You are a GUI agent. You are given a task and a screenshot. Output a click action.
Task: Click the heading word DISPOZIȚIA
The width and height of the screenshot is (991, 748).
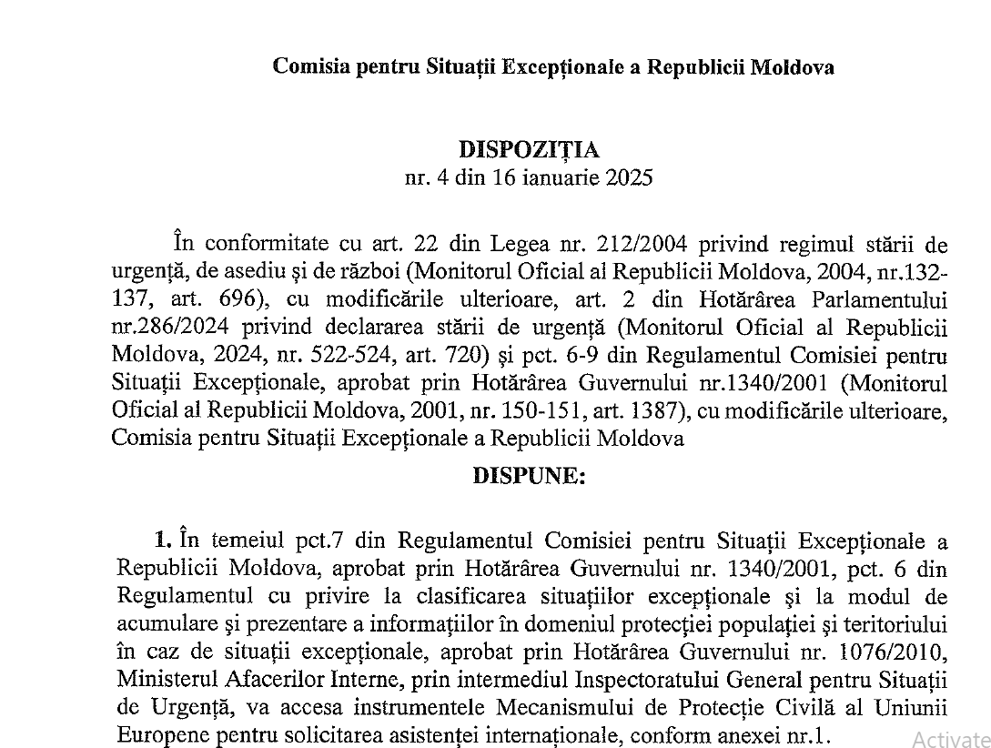pyautogui.click(x=529, y=149)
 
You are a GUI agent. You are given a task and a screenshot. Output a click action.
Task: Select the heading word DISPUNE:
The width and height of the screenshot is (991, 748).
pyautogui.click(x=530, y=476)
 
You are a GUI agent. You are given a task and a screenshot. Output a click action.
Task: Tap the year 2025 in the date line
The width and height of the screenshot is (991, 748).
pyautogui.click(x=627, y=177)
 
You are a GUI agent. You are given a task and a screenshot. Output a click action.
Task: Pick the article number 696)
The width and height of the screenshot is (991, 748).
pyautogui.click(x=245, y=300)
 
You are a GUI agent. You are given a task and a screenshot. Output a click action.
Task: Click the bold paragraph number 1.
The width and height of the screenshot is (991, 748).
pyautogui.click(x=163, y=541)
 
